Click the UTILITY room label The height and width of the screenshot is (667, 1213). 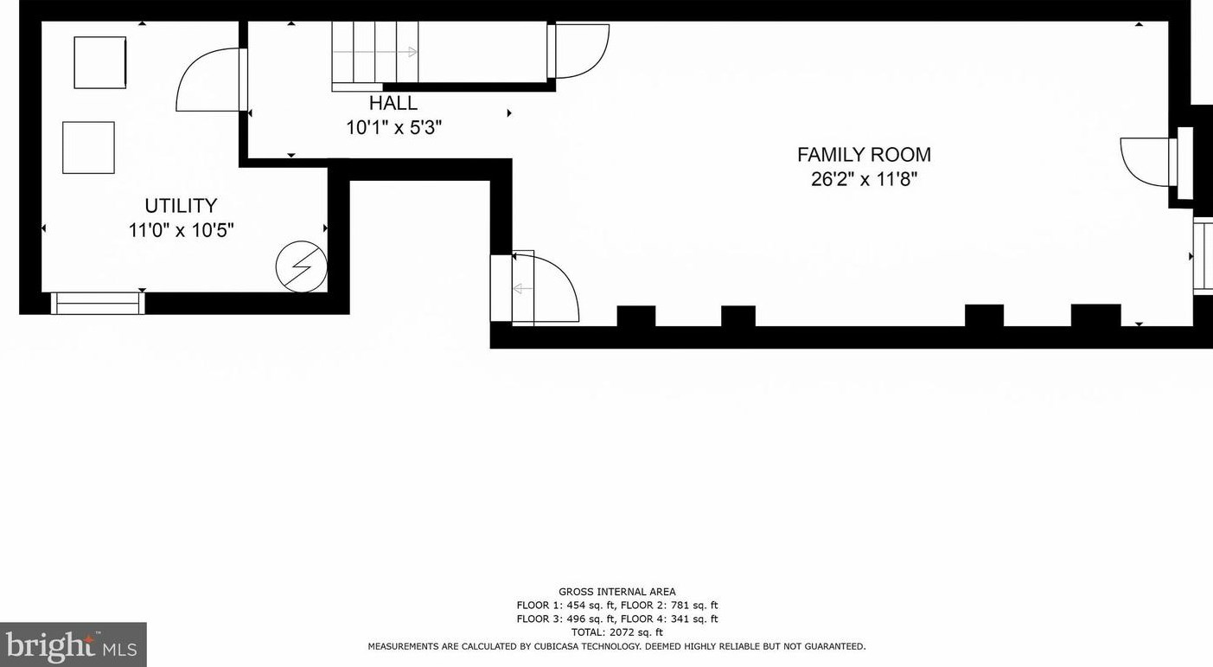(181, 206)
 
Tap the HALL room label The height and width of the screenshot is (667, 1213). (393, 103)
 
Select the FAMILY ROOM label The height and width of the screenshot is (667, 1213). (864, 155)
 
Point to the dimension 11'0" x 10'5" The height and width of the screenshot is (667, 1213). (181, 231)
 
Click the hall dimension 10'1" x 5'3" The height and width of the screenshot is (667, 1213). (393, 128)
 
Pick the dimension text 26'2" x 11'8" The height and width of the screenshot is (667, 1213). (865, 179)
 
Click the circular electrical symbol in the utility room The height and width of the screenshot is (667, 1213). (302, 266)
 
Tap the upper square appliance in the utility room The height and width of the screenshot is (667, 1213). (100, 62)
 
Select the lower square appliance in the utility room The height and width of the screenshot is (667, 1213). (88, 147)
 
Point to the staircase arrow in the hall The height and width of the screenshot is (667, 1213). (374, 52)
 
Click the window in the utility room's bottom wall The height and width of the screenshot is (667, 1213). (98, 304)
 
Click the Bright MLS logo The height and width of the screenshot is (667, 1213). (73, 645)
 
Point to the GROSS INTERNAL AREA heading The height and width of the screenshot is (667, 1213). (617, 592)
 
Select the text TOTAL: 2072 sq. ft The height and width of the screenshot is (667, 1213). (617, 632)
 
